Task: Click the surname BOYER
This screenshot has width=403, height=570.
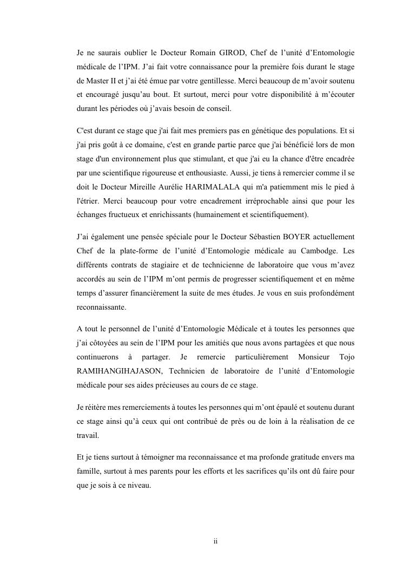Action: coord(272,237)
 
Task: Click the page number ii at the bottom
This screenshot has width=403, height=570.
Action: coord(215,541)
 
